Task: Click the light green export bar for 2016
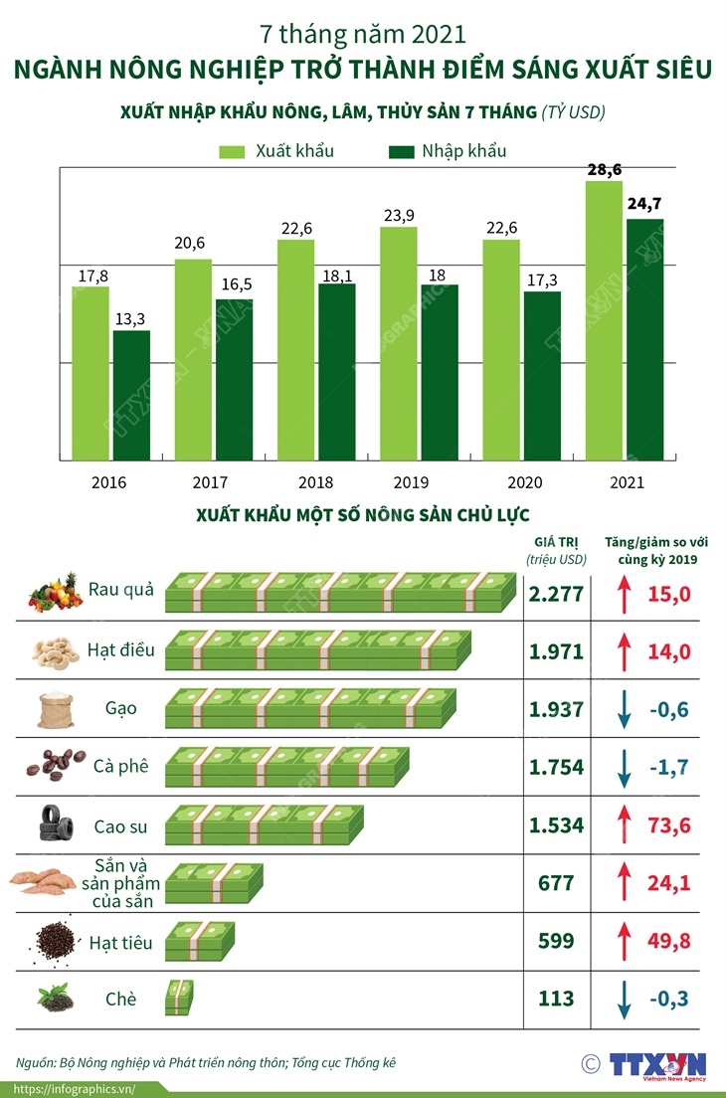click(91, 373)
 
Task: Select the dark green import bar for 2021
click(644, 338)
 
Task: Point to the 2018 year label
click(315, 482)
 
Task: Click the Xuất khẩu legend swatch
click(232, 152)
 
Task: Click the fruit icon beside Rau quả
click(54, 592)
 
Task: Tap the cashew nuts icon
click(54, 650)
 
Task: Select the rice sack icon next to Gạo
click(54, 709)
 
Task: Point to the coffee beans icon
click(54, 768)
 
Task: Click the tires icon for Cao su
click(54, 823)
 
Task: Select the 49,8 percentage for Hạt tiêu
click(670, 940)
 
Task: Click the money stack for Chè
click(179, 997)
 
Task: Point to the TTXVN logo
click(657, 1065)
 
